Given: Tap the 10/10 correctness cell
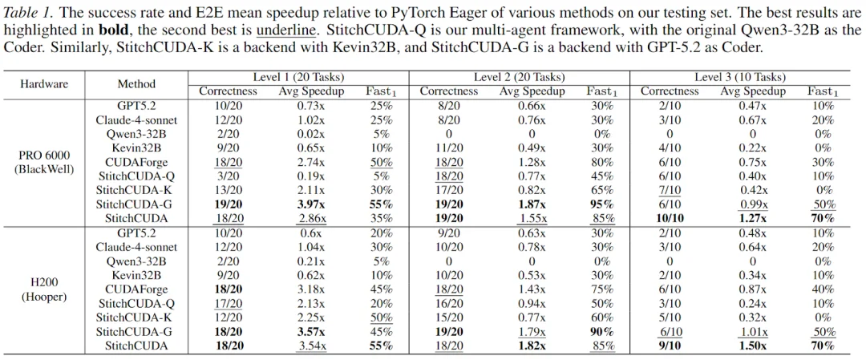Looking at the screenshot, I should click(x=669, y=219).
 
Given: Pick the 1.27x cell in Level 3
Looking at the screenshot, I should click(x=752, y=219).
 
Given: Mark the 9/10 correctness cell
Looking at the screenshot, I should click(x=669, y=346).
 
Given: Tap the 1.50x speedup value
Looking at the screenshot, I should click(x=752, y=346).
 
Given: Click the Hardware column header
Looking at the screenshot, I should click(x=44, y=84).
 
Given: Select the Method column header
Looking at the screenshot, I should click(x=136, y=84).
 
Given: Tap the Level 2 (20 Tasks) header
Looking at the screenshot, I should click(x=520, y=78).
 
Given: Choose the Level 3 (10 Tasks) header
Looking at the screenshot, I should click(x=740, y=78).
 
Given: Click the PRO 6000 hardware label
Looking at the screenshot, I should click(x=44, y=156).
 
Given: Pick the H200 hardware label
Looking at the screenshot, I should click(x=44, y=283).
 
